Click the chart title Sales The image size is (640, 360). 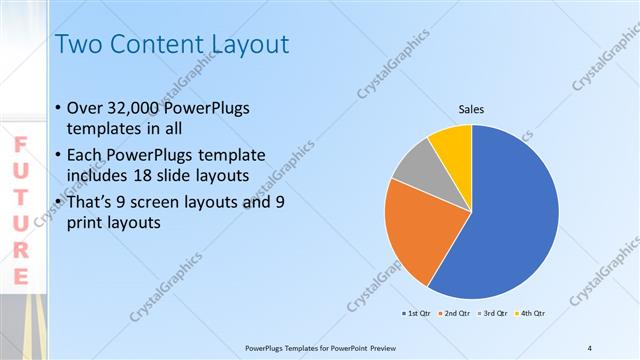click(x=472, y=109)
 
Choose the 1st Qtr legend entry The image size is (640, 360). click(x=417, y=314)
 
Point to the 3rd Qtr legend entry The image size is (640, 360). click(x=494, y=314)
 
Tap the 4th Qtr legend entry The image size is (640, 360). click(x=531, y=314)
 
